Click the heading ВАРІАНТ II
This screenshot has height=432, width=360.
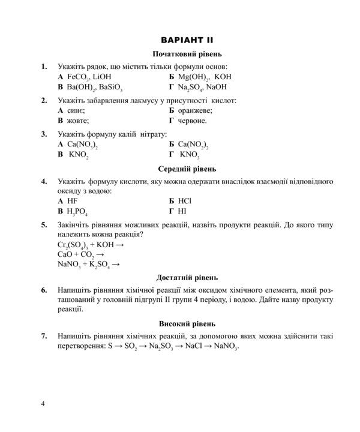pyautogui.click(x=183, y=40)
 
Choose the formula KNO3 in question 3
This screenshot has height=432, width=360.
pyautogui.click(x=190, y=155)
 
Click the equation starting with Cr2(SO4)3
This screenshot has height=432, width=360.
pyautogui.click(x=91, y=245)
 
